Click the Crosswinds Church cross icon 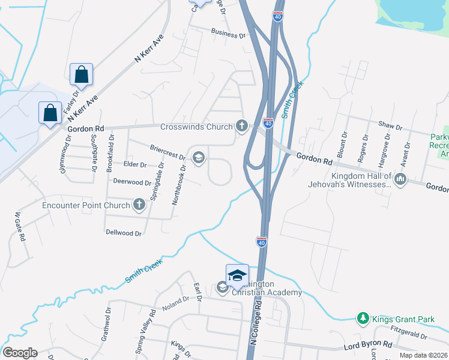pos(242,126)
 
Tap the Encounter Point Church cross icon pos(139,205)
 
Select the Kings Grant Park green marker pos(363,319)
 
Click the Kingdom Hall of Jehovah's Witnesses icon pos(400,179)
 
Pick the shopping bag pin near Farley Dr pos(81,75)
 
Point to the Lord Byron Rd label pos(367,346)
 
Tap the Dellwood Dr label pos(124,232)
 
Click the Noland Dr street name pos(175,308)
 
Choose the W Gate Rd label pos(20,226)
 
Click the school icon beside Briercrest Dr pos(197,158)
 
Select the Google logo pos(20,353)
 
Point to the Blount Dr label pos(342,145)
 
